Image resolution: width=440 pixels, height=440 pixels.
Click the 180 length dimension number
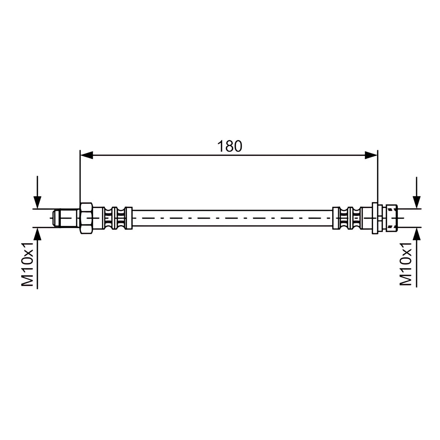pyautogui.click(x=229, y=146)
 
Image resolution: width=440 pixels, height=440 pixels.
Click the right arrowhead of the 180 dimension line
pyautogui.click(x=371, y=155)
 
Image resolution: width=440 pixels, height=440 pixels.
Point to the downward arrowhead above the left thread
pyautogui.click(x=37, y=202)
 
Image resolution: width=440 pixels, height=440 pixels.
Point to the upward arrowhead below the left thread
pyautogui.click(x=37, y=234)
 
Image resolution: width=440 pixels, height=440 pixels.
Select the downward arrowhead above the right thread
pyautogui.click(x=417, y=202)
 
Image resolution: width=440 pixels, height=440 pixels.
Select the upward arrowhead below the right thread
pyautogui.click(x=417, y=234)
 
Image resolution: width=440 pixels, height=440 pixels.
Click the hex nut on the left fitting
pyautogui.click(x=86, y=218)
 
